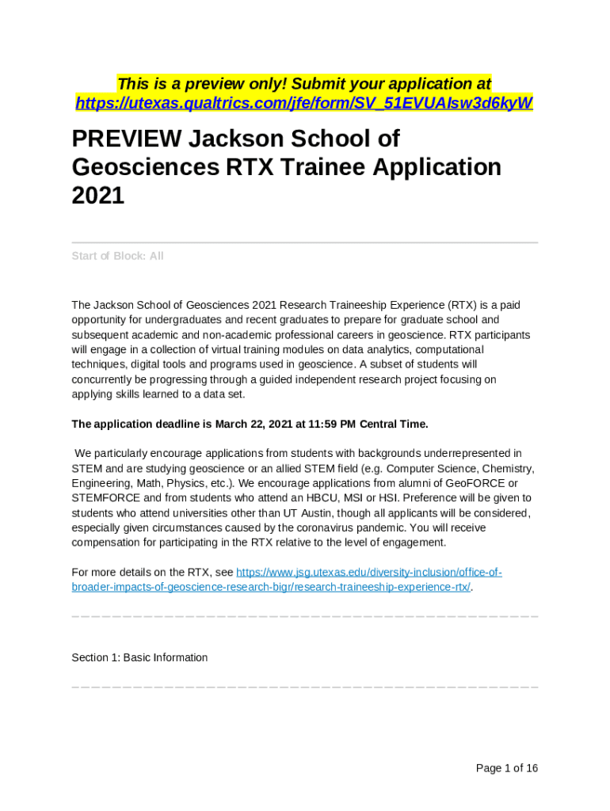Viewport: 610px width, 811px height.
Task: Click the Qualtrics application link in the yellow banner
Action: (304, 103)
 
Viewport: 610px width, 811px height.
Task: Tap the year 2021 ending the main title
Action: (98, 195)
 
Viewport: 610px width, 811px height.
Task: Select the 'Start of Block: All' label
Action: (117, 256)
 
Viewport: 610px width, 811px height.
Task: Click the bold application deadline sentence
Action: (250, 424)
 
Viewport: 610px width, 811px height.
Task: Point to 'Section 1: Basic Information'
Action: (139, 657)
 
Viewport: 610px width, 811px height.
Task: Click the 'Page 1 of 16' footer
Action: (506, 767)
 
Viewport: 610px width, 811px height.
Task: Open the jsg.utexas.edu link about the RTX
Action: (287, 580)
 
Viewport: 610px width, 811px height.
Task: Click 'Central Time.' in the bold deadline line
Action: (394, 424)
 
